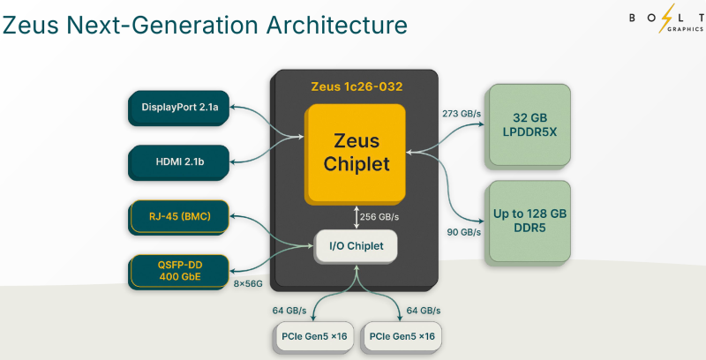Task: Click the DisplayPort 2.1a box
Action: point(179,108)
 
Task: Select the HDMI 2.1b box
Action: point(179,161)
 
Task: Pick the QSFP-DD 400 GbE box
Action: point(179,271)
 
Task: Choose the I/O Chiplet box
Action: point(357,245)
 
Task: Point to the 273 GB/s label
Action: point(460,113)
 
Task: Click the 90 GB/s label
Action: point(463,232)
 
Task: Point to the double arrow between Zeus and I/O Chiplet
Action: point(356,217)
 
